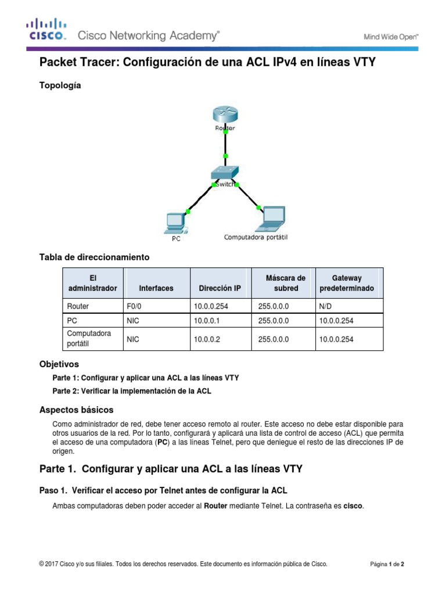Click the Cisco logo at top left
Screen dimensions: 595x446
[46, 29]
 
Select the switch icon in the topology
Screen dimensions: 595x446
[225, 173]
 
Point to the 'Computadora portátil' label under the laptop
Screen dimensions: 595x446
[256, 237]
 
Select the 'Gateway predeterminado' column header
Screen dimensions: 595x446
[347, 283]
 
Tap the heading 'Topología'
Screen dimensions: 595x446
[60, 85]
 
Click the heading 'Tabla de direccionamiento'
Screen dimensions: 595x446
[94, 256]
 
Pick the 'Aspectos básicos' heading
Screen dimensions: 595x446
[76, 409]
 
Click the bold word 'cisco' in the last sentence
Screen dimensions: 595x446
[353, 506]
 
